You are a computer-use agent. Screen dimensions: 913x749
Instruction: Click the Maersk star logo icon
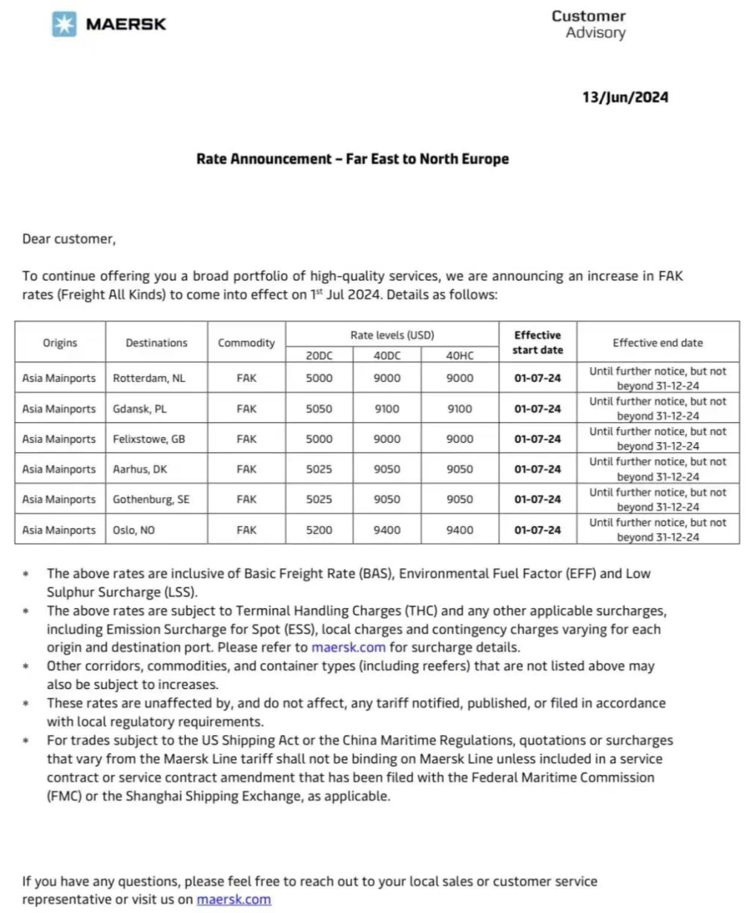pyautogui.click(x=65, y=24)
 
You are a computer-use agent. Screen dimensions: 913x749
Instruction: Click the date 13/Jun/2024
pyautogui.click(x=624, y=97)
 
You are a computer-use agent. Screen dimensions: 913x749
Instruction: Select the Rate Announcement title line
pyautogui.click(x=352, y=159)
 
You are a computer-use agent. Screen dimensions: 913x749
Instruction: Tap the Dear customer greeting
pyautogui.click(x=69, y=239)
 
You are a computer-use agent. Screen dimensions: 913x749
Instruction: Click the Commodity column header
pyautogui.click(x=246, y=343)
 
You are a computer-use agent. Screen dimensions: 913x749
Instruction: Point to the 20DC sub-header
pyautogui.click(x=319, y=356)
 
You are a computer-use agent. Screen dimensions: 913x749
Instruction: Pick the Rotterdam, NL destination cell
pyautogui.click(x=149, y=378)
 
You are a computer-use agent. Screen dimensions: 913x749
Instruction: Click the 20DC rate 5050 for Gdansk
pyautogui.click(x=319, y=409)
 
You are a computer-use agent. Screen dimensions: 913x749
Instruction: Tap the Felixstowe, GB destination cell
pyautogui.click(x=149, y=439)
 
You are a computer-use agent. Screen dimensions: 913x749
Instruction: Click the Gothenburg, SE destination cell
pyautogui.click(x=151, y=500)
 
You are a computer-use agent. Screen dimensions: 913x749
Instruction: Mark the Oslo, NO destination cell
pyautogui.click(x=134, y=530)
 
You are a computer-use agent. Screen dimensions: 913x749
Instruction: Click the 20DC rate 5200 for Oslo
pyautogui.click(x=319, y=530)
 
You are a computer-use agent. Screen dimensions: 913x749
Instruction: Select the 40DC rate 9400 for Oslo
pyautogui.click(x=386, y=530)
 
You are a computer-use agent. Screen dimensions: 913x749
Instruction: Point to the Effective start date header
pyautogui.click(x=538, y=343)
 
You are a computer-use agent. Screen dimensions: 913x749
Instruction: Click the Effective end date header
pyautogui.click(x=658, y=343)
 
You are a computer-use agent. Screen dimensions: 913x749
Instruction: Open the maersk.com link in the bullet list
pyautogui.click(x=349, y=647)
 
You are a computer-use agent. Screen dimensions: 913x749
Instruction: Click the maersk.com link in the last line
pyautogui.click(x=234, y=900)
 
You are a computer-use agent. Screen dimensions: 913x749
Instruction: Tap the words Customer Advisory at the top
pyautogui.click(x=588, y=24)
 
